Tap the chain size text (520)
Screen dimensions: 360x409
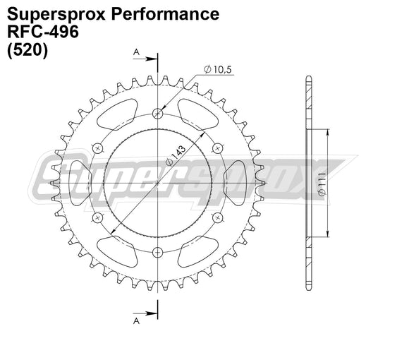pos(27,52)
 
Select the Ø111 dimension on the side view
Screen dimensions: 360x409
pos(322,183)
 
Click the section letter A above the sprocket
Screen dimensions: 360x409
pos(135,52)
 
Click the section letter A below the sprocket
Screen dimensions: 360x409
pos(135,321)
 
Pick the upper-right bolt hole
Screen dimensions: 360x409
pos(217,148)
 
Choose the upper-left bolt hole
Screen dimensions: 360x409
pos(98,148)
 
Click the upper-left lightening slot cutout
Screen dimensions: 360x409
pos(118,112)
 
